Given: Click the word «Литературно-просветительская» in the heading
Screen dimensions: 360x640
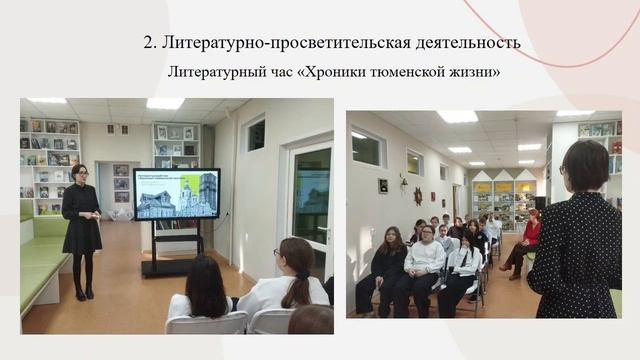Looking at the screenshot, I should tap(280, 43).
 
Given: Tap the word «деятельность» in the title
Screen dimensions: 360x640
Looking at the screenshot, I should tap(462, 43).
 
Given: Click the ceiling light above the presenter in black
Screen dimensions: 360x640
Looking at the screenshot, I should tap(47, 101).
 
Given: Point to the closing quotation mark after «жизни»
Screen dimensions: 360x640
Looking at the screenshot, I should tap(498, 72).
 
